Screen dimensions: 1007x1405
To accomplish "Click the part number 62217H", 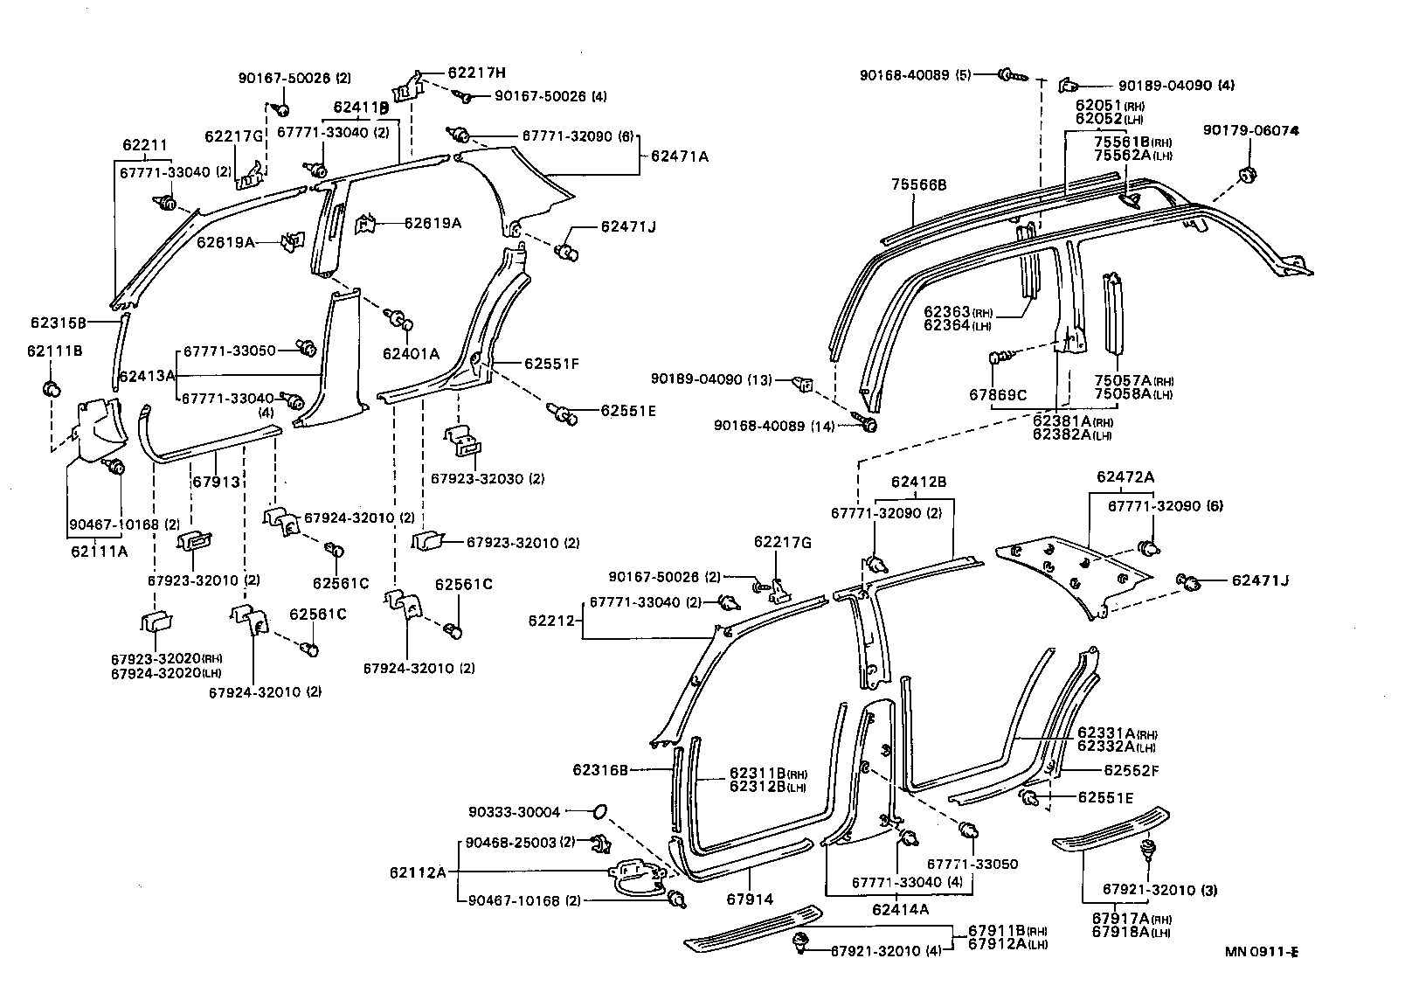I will coord(477,73).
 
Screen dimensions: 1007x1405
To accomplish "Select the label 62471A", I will coord(679,156).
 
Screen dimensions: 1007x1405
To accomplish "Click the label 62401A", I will coord(411,353).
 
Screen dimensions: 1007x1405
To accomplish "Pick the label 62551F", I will coord(551,363).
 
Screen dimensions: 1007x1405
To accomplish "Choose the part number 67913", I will coord(217,482).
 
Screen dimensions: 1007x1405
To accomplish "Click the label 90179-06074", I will coord(1250,130).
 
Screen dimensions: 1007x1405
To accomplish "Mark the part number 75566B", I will coord(918,185).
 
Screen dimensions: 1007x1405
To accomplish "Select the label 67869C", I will coord(998,394).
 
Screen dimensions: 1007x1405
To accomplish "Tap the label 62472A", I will coord(1125,477).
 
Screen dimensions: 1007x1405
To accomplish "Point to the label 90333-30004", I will coord(526,812).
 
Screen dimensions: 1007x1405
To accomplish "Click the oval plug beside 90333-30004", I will coord(599,812).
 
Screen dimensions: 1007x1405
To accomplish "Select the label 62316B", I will coord(600,770).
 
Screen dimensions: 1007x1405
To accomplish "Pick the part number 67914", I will coord(750,898).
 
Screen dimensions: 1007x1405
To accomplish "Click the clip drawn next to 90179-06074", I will coord(1247,173).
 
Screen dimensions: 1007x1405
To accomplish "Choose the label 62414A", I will coord(900,909).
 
